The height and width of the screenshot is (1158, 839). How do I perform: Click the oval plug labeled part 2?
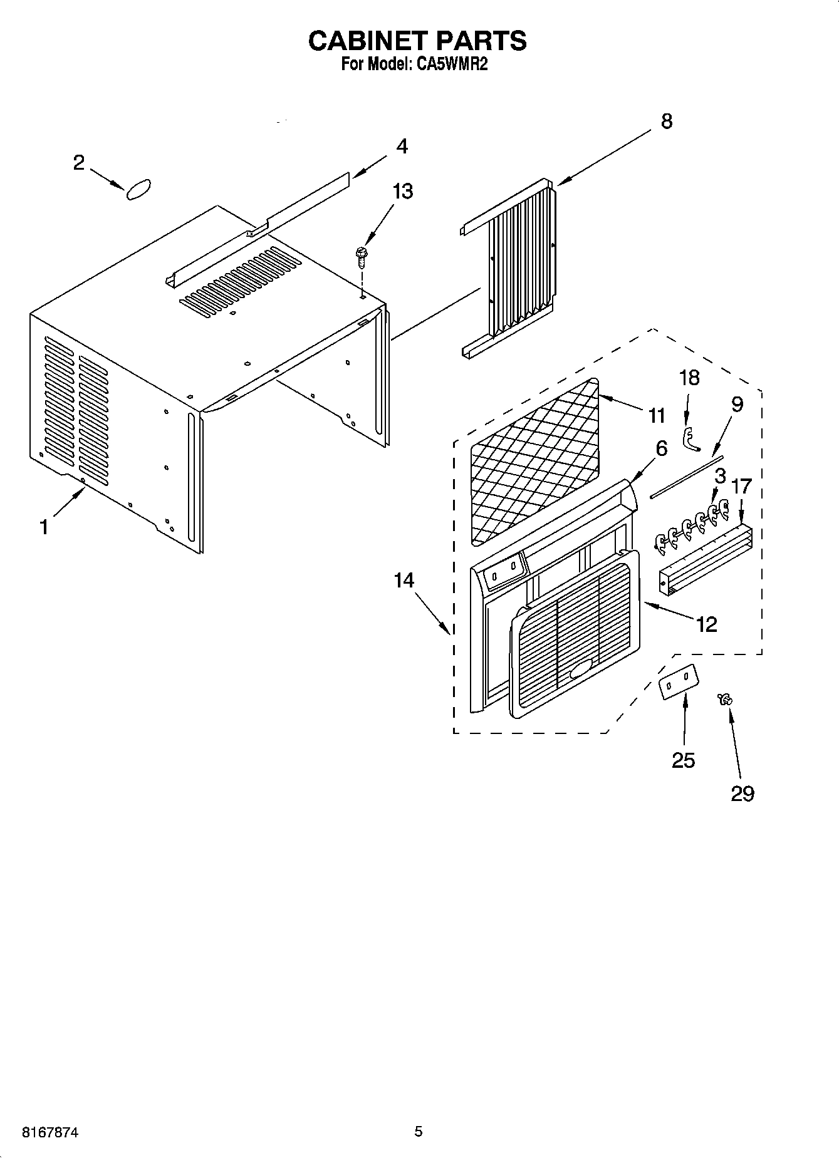(139, 190)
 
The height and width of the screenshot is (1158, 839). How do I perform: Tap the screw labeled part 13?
(362, 256)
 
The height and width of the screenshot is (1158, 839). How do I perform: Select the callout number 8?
(666, 121)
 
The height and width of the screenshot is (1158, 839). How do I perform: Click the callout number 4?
(402, 147)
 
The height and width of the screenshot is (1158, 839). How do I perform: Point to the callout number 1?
(44, 527)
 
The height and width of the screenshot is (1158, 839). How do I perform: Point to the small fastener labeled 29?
(727, 699)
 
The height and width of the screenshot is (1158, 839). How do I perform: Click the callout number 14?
(404, 581)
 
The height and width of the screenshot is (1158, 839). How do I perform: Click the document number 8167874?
(50, 1132)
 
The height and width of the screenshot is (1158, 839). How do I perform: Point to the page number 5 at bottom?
(418, 1131)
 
